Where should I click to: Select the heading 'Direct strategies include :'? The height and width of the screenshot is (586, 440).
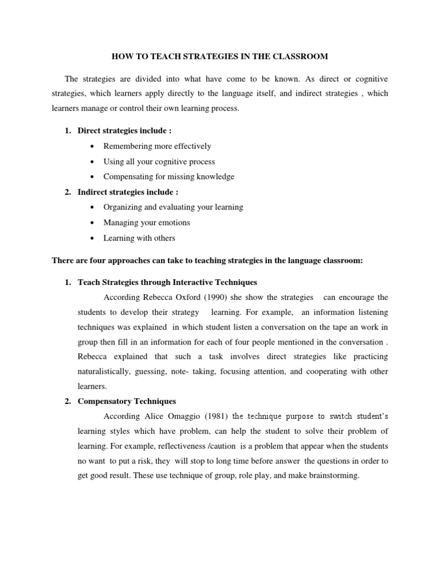(x=124, y=131)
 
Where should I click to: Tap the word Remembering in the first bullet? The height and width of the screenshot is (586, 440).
(x=127, y=146)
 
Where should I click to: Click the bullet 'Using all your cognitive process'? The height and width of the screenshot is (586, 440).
(x=159, y=162)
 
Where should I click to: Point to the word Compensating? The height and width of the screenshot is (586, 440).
(x=128, y=177)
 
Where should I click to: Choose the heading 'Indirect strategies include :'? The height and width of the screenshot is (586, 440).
(x=128, y=192)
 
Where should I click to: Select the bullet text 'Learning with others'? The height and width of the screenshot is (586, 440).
(x=139, y=237)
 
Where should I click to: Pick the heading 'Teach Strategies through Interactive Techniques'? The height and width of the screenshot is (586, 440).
(x=167, y=283)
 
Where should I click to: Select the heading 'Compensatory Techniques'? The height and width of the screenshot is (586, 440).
(x=127, y=401)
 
